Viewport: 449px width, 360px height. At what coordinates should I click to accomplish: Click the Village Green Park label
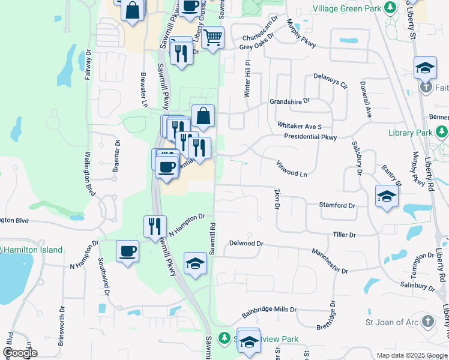coord(347,9)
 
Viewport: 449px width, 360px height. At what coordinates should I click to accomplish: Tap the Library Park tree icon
coord(442,131)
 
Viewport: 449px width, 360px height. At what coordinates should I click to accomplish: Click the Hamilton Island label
coord(34,250)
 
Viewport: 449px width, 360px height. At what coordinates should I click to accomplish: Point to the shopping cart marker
coord(212,38)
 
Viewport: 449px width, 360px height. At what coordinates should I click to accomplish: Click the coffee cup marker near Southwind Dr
coord(127,251)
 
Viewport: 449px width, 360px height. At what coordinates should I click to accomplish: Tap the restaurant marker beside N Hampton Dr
coord(155,226)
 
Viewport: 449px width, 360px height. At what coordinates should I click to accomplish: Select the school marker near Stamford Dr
coord(387,196)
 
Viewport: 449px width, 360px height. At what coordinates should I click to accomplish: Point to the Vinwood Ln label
coord(292,169)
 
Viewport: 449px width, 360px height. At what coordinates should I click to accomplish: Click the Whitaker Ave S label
coord(300,126)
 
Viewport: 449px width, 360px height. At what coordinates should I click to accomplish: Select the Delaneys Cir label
coord(331,81)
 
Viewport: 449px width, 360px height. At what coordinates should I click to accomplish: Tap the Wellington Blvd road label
coord(90,175)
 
